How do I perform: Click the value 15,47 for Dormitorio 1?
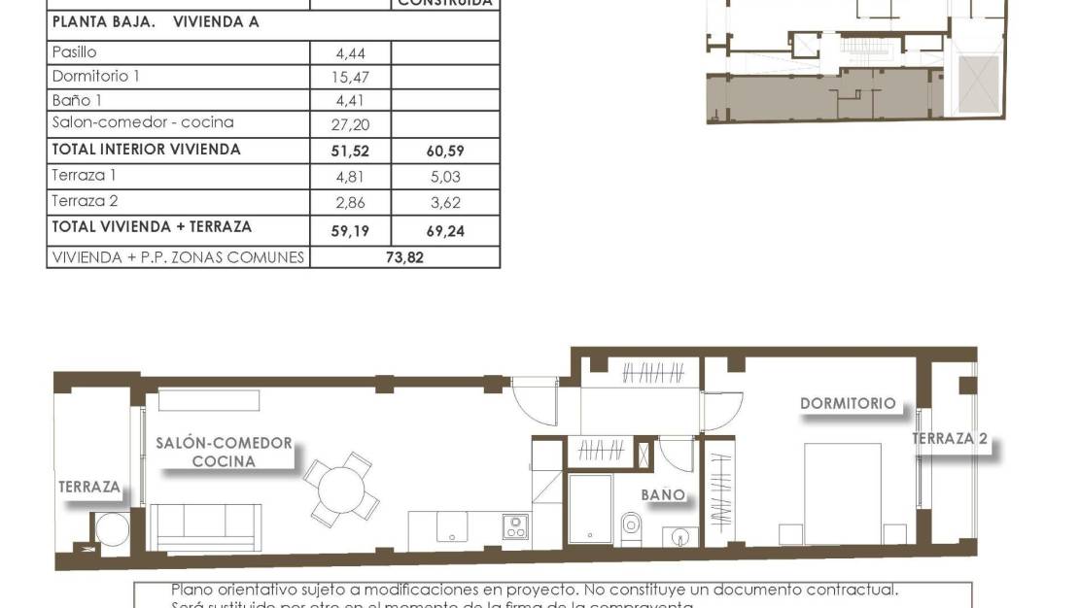(351, 77)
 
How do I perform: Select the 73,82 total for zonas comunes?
(405, 257)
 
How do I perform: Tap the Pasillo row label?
(74, 52)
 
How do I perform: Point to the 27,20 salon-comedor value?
(351, 124)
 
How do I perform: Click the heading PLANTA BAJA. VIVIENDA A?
(155, 22)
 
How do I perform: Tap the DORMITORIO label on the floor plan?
(848, 403)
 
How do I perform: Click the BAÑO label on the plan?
(662, 494)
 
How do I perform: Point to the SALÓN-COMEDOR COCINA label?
(224, 452)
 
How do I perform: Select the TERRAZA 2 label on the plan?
(950, 439)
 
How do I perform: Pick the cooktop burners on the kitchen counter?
(515, 527)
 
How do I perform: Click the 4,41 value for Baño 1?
(351, 100)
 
